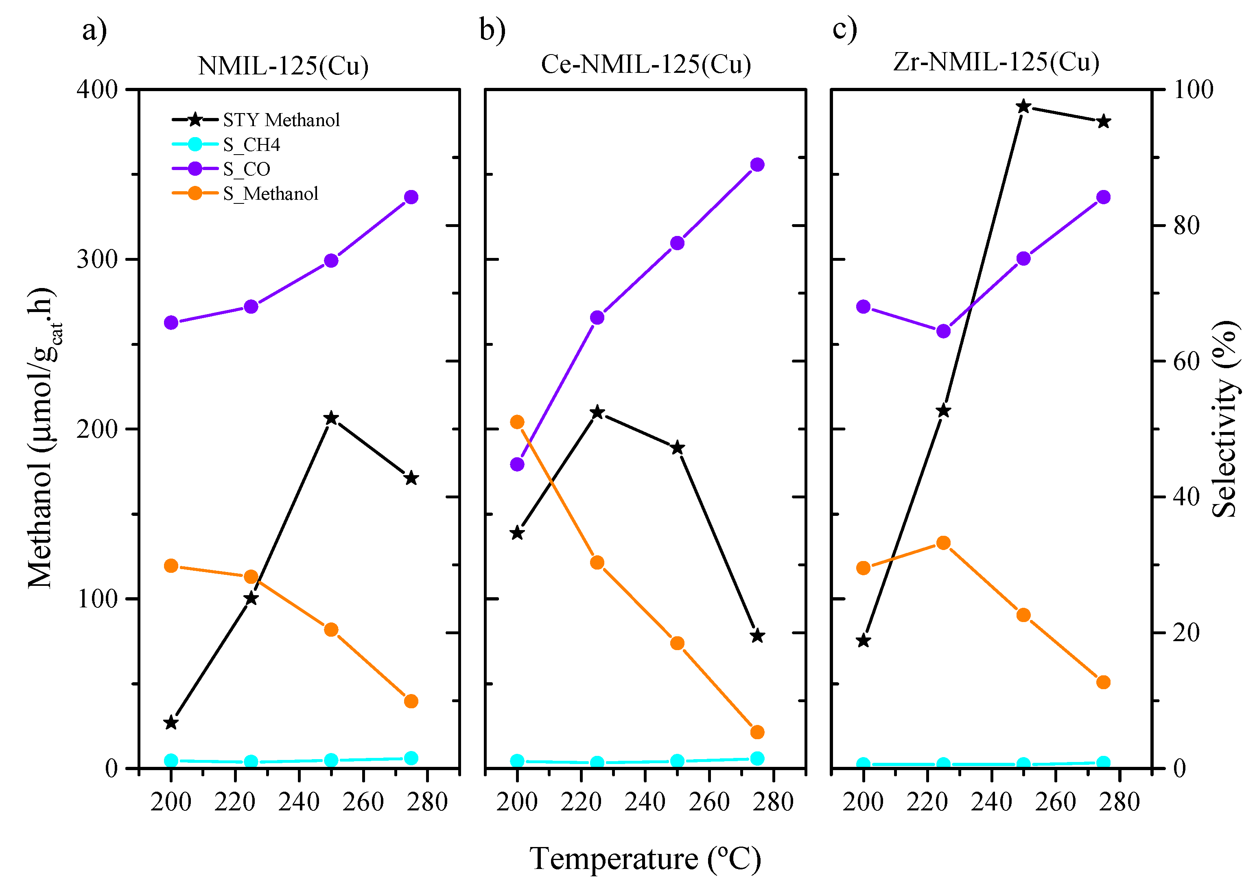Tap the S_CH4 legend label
pos(251,144)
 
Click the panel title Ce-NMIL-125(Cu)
pos(645,65)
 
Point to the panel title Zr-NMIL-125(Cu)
pos(996,62)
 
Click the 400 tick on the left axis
pos(97,89)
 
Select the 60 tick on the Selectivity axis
pos(1186,361)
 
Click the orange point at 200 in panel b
pos(517,422)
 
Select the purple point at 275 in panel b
pos(757,164)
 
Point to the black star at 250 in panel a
pos(331,419)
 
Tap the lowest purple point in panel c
pos(943,332)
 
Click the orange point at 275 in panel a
pos(411,701)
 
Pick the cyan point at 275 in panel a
pos(411,758)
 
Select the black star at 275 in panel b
pos(757,635)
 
